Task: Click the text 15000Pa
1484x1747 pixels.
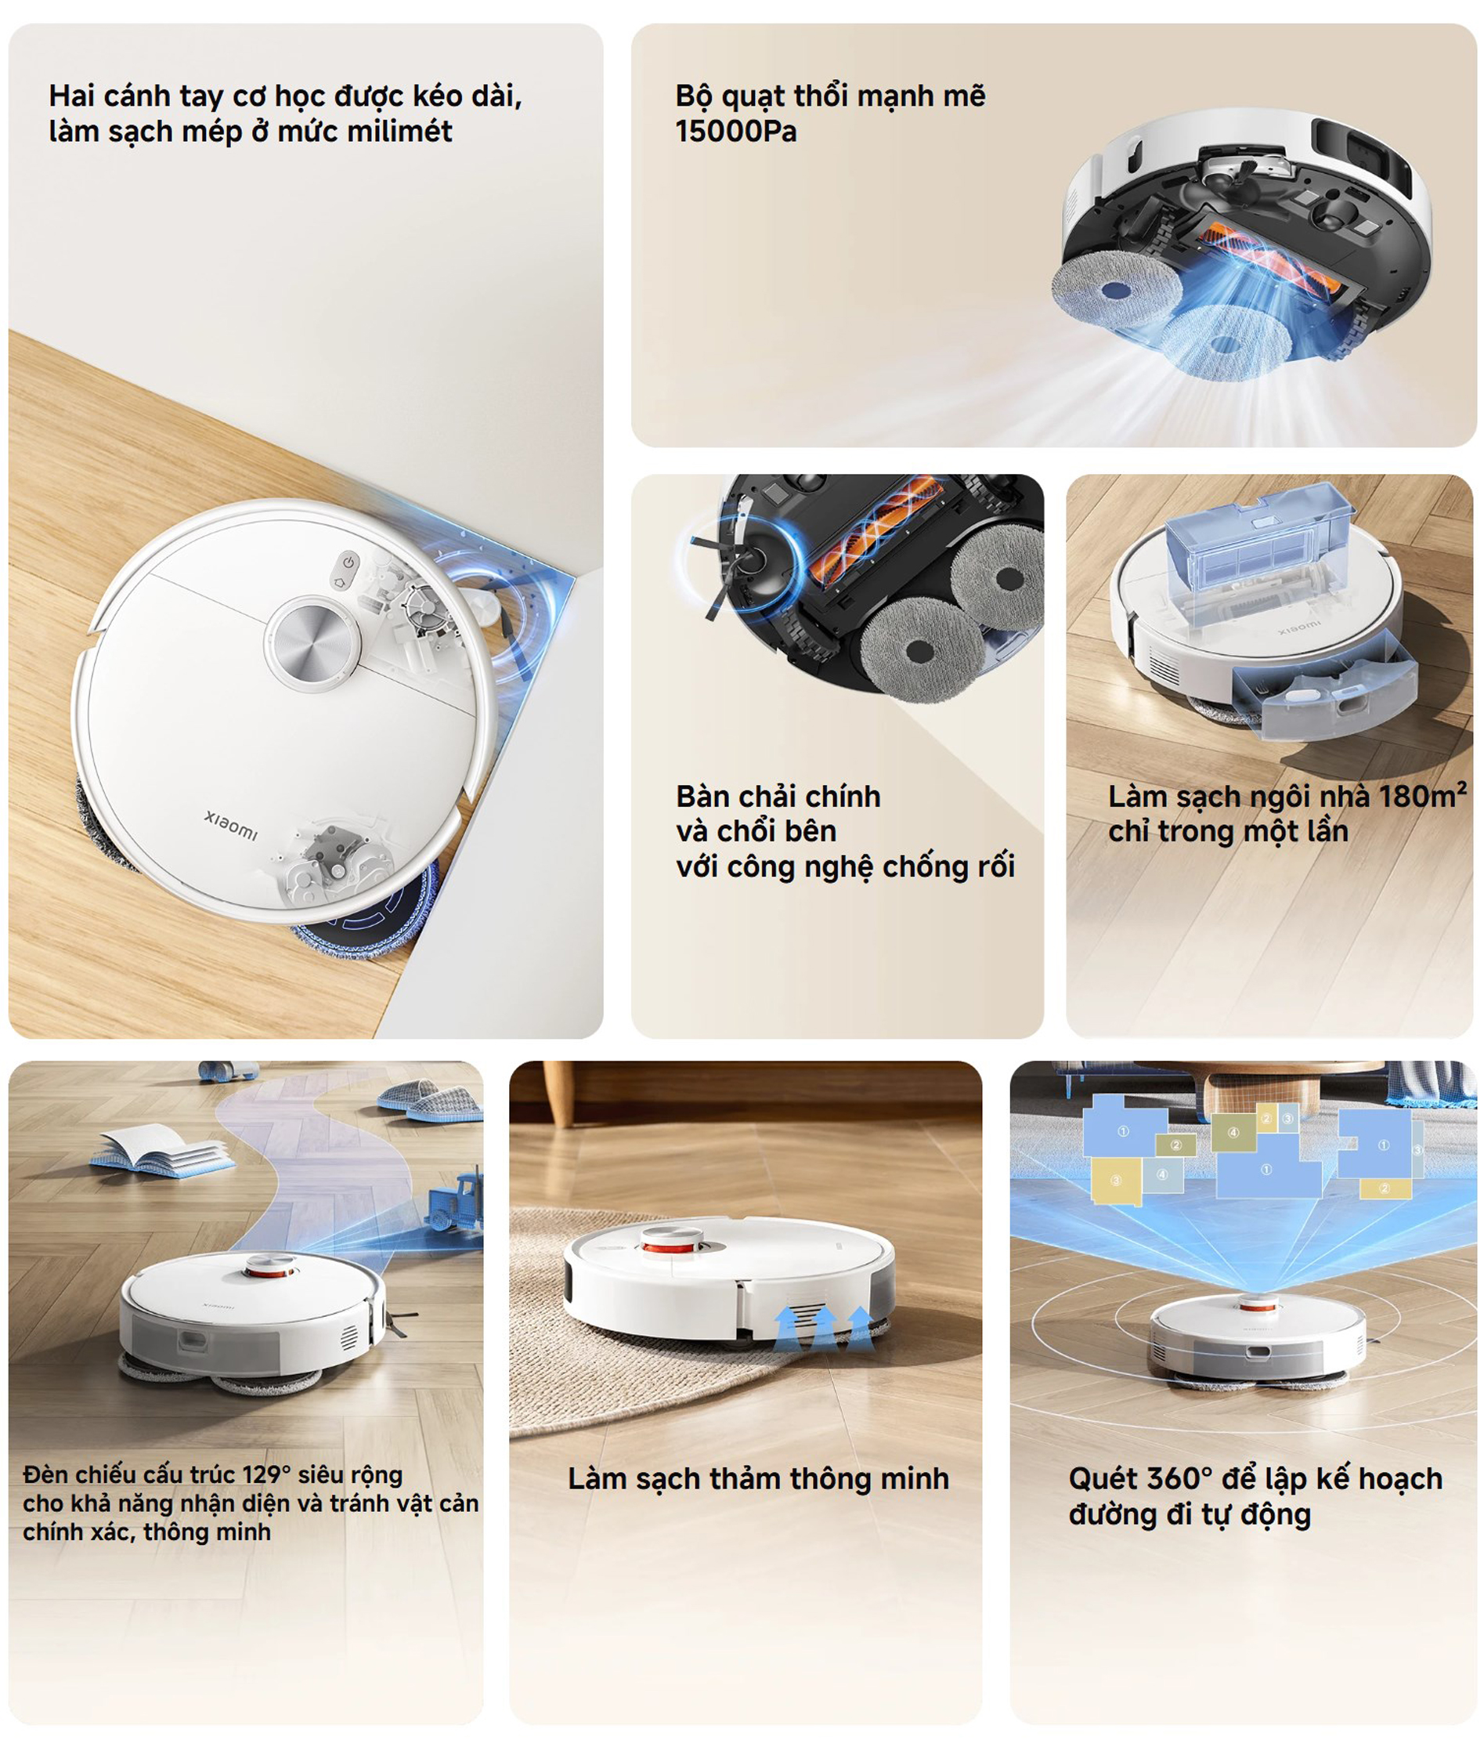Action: click(735, 132)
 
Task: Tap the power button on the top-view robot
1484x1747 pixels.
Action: click(349, 561)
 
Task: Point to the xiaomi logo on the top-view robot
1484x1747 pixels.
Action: click(230, 824)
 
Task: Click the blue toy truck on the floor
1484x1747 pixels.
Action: click(456, 1198)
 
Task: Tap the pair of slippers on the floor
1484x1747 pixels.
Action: click(431, 1098)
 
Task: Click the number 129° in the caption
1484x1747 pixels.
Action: click(265, 1475)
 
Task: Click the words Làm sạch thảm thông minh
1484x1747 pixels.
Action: click(758, 1478)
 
